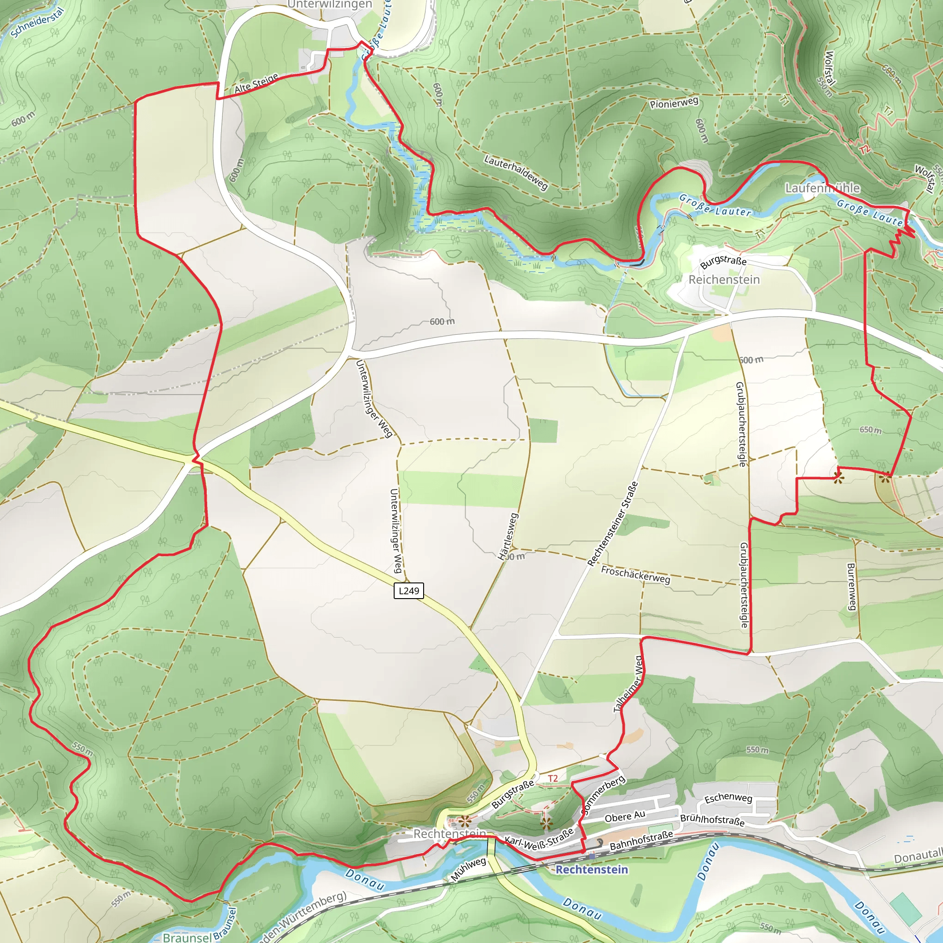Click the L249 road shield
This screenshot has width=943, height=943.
(x=408, y=591)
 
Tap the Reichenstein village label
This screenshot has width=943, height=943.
(x=724, y=279)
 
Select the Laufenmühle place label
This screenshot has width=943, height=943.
(x=822, y=188)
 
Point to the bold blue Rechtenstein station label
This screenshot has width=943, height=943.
(x=592, y=869)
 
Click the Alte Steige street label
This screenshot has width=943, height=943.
(x=256, y=83)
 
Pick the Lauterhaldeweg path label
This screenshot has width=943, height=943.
(x=516, y=172)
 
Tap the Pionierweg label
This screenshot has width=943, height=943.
(x=674, y=103)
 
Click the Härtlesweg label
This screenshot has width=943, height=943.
(x=507, y=536)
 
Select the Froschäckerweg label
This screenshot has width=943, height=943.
(x=635, y=575)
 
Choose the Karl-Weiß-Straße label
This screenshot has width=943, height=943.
(x=539, y=839)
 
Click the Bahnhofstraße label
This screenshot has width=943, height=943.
(x=641, y=840)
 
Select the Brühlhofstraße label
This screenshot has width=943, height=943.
(x=712, y=820)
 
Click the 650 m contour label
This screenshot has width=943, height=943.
(x=870, y=430)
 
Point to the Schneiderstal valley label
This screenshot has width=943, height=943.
(x=37, y=23)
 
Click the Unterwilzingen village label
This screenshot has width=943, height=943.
(x=330, y=5)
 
